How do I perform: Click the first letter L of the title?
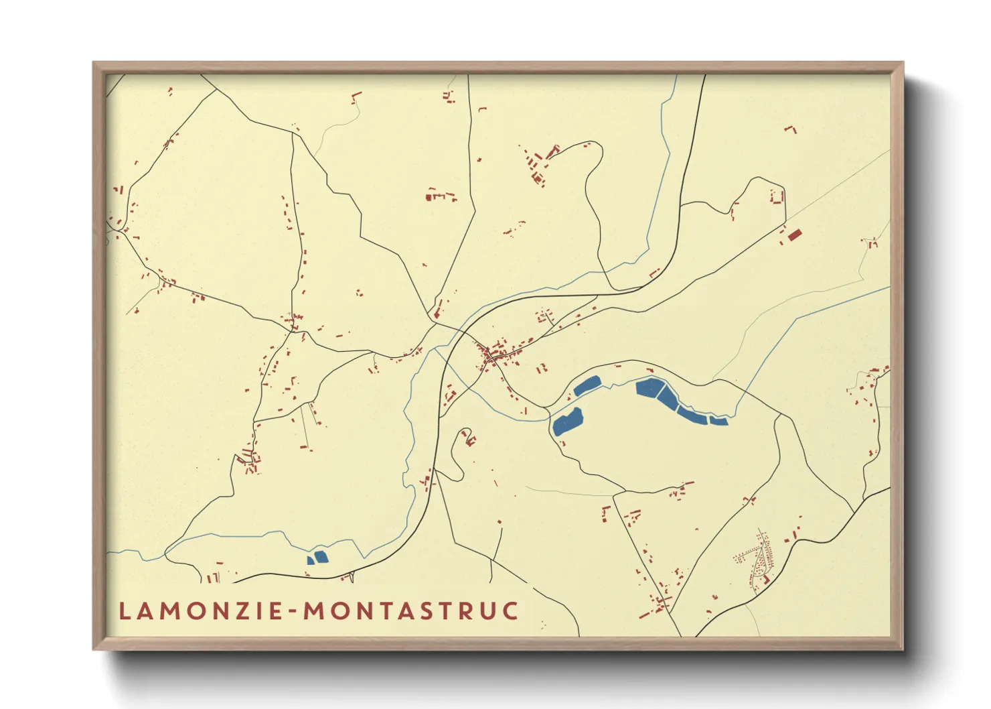click(x=125, y=611)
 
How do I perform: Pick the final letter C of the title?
click(x=511, y=611)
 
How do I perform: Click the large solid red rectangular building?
click(x=795, y=235)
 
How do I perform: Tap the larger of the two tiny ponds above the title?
click(x=321, y=557)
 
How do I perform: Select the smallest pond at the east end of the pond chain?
click(x=719, y=420)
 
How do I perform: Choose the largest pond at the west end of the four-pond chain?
click(x=648, y=387)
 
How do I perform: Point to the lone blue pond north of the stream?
click(x=587, y=385)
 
